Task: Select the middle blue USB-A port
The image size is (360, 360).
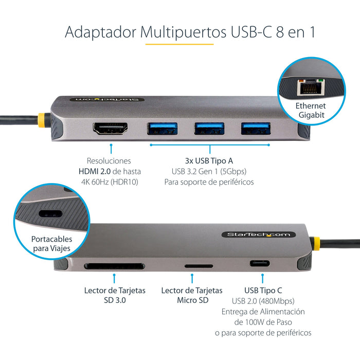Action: [209, 129]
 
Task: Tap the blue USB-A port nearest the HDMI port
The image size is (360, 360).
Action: [163, 129]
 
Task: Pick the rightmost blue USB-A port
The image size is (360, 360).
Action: [255, 129]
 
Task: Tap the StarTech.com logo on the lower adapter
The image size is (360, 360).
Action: [259, 235]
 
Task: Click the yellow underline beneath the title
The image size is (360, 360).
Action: [179, 44]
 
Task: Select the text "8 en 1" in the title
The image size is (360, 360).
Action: [289, 31]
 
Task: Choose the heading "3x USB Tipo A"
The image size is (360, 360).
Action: [209, 161]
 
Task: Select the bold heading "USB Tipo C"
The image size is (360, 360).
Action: [264, 291]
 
